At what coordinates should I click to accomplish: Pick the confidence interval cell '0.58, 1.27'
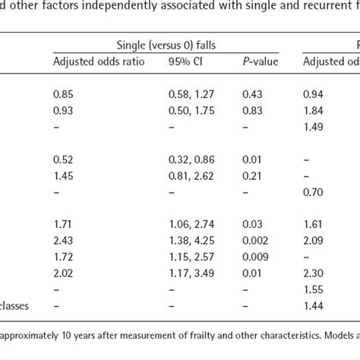[x=188, y=94]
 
